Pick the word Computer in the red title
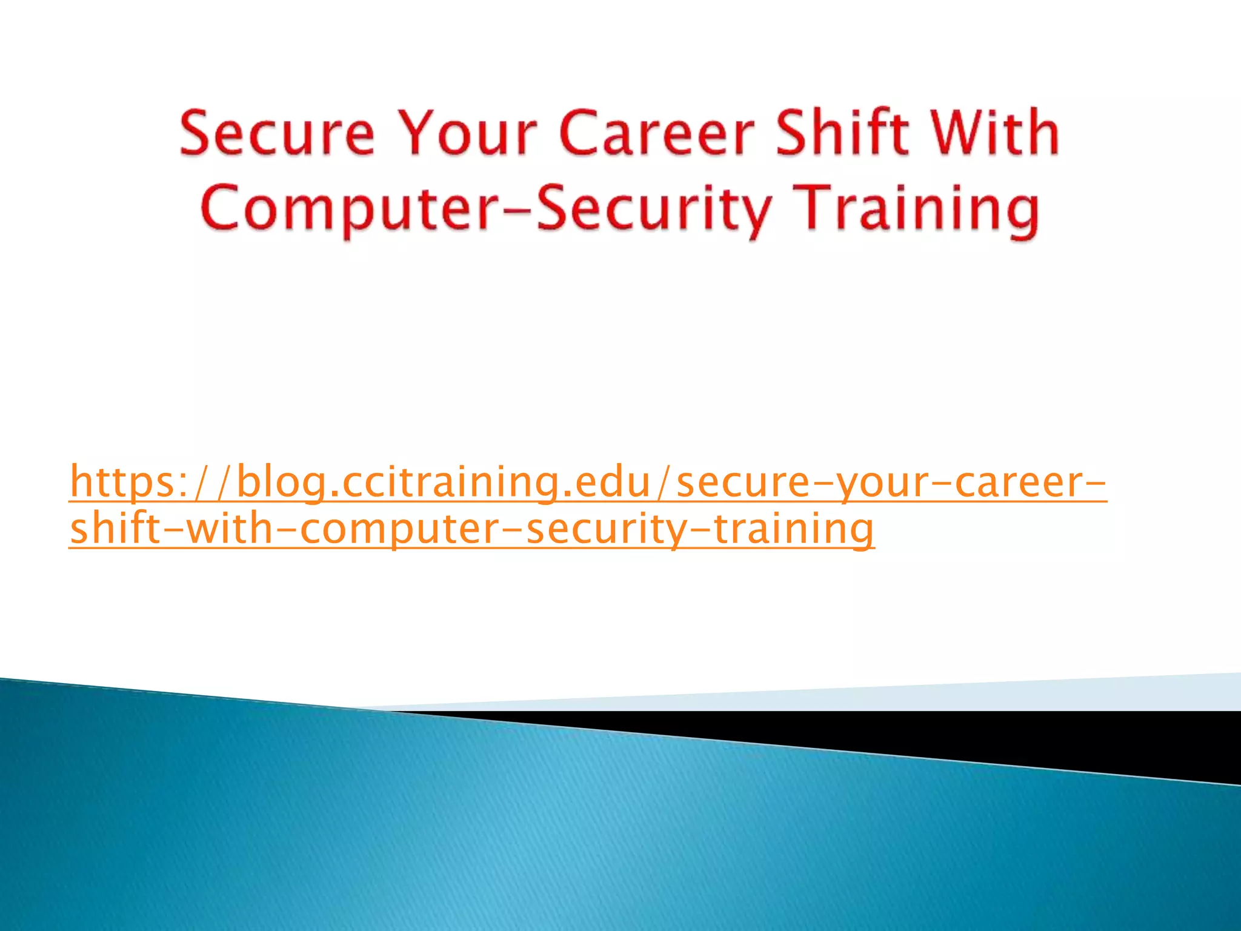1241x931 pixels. pyautogui.click(x=358, y=209)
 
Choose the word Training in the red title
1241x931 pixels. pyautogui.click(x=917, y=209)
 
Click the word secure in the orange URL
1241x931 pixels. pyautogui.click(x=743, y=482)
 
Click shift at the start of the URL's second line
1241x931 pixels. pyautogui.click(x=112, y=529)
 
